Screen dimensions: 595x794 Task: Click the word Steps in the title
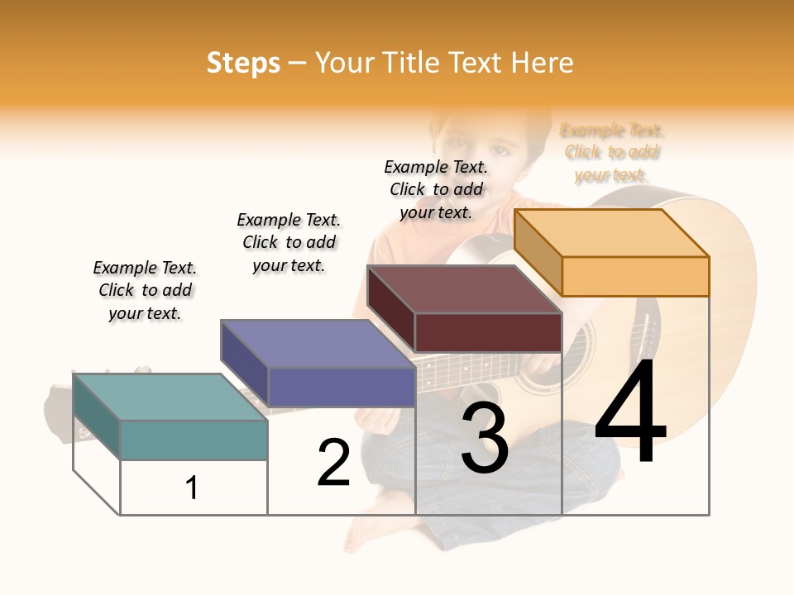pyautogui.click(x=242, y=63)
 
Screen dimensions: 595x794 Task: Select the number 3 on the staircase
pyautogui.click(x=485, y=438)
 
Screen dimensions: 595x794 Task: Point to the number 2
pyautogui.click(x=333, y=463)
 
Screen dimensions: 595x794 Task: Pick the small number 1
pyautogui.click(x=192, y=488)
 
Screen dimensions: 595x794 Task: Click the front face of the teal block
pyautogui.click(x=194, y=440)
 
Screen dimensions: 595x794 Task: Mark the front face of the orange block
pyautogui.click(x=635, y=276)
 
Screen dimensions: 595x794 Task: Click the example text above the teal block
pyautogui.click(x=145, y=290)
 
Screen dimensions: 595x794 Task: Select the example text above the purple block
pyautogui.click(x=289, y=242)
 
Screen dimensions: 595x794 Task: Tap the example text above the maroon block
pyautogui.click(x=436, y=189)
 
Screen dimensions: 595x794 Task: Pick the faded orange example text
pyautogui.click(x=612, y=152)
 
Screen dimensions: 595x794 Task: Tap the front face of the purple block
pyautogui.click(x=341, y=387)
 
